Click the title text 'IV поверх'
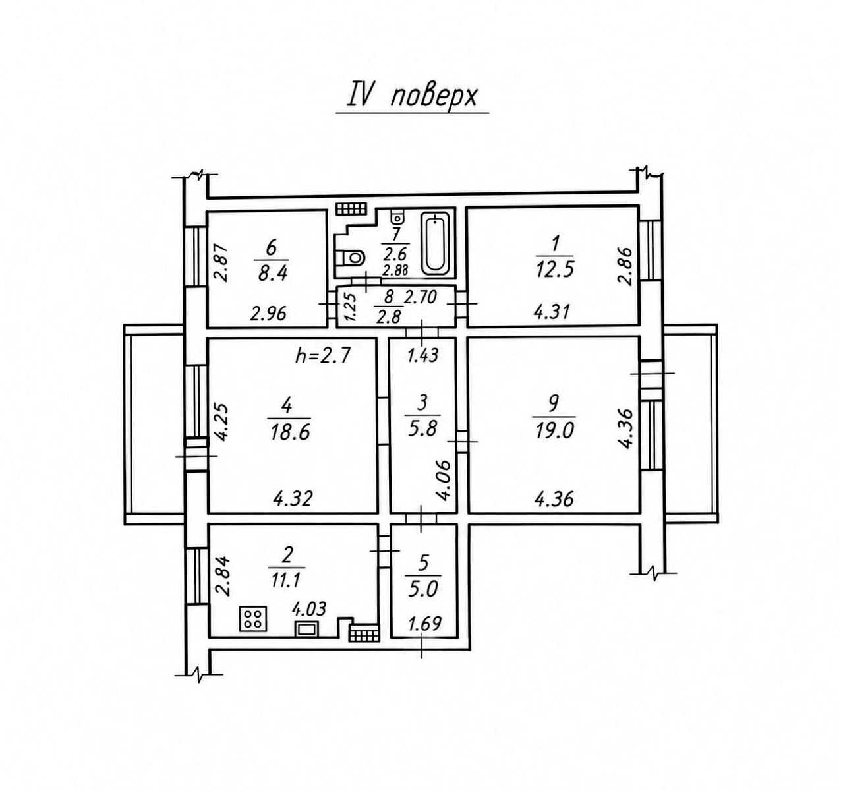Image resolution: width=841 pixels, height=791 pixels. tap(412, 98)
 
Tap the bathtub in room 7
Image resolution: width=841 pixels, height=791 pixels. tap(435, 244)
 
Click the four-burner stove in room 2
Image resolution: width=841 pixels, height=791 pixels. tap(253, 618)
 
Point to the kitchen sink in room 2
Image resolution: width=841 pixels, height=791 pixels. tap(306, 629)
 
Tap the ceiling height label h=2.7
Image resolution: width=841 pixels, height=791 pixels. tap(323, 355)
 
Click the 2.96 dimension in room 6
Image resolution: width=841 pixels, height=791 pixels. tap(268, 314)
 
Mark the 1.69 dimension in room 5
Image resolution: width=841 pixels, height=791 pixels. tap(424, 624)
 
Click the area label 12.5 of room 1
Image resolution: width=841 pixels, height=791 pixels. tap(555, 269)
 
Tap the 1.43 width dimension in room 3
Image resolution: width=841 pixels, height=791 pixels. tap(422, 355)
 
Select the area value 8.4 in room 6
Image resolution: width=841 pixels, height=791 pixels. tap(273, 274)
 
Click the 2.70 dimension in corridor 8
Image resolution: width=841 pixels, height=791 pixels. tap(420, 297)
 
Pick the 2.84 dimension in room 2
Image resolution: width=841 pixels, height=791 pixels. tap(223, 576)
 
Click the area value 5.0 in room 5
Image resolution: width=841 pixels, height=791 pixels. tap(423, 589)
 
